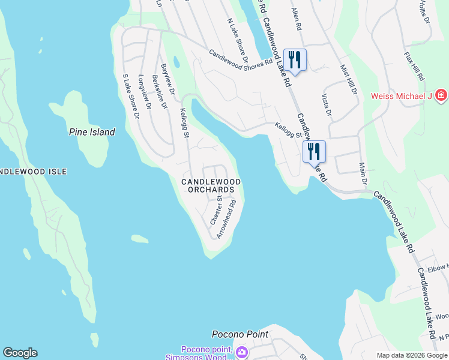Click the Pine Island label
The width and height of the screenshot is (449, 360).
click(92, 132)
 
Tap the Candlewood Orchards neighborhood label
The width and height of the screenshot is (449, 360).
click(211, 185)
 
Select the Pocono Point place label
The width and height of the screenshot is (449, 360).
click(240, 334)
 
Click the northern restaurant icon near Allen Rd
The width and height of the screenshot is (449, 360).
click(295, 59)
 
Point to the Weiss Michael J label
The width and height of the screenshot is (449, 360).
click(402, 96)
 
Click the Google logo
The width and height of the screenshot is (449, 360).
click(20, 353)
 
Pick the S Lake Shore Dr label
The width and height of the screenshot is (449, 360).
click(131, 95)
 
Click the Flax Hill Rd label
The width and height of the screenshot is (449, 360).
click(414, 67)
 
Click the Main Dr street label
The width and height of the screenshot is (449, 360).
click(363, 173)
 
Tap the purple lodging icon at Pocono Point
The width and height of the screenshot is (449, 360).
click(241, 352)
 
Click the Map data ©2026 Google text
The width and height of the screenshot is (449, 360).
click(411, 355)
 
